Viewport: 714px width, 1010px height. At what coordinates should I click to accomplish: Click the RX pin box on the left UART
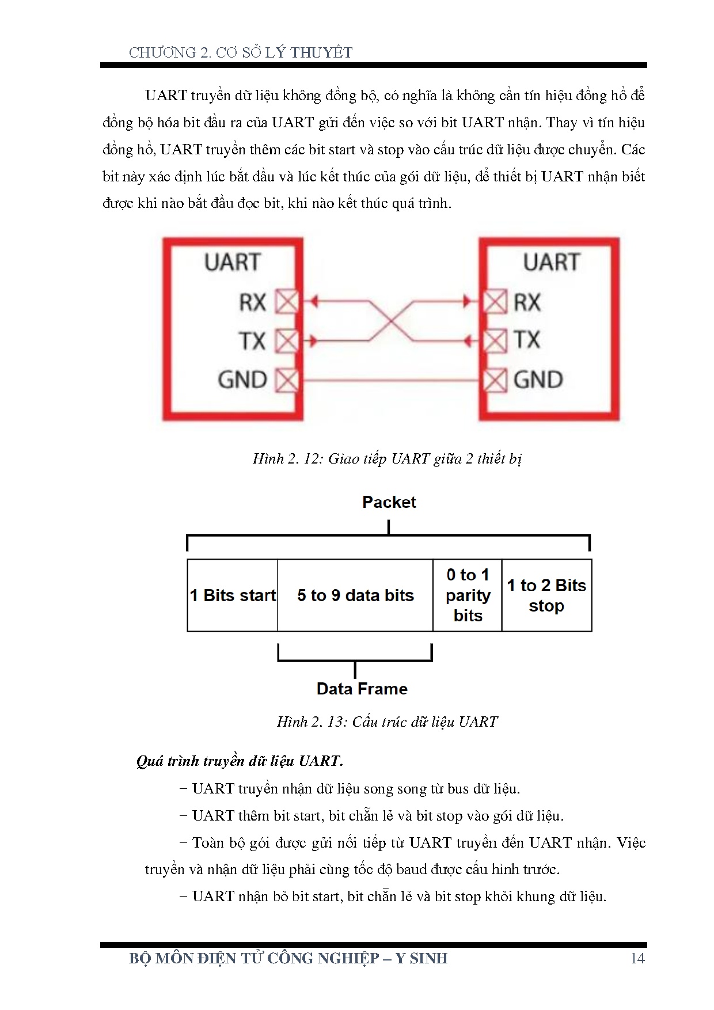(287, 302)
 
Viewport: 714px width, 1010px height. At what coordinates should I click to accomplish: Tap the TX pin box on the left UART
(287, 341)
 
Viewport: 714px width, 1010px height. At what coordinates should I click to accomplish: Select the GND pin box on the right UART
(495, 380)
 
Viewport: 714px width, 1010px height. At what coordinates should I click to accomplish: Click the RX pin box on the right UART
(495, 302)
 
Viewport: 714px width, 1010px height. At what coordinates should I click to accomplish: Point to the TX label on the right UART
(527, 340)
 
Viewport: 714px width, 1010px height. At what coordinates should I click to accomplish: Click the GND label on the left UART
(242, 380)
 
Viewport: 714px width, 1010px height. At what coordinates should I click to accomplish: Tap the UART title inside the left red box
(233, 263)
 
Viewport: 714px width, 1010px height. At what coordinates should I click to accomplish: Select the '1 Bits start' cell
(233, 595)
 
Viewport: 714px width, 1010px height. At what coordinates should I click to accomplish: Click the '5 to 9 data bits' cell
(355, 595)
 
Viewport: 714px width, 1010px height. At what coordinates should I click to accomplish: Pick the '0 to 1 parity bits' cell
(468, 595)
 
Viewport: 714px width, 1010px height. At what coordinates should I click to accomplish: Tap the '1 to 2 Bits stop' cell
(546, 595)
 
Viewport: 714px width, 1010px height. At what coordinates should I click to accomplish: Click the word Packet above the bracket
(389, 502)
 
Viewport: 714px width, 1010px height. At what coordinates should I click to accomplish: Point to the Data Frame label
(362, 689)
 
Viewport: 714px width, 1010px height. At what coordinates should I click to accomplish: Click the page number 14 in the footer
(637, 958)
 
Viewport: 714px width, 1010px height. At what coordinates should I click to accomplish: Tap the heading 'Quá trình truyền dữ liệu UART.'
(240, 761)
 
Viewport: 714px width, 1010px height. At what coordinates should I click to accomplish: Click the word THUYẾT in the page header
(321, 52)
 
